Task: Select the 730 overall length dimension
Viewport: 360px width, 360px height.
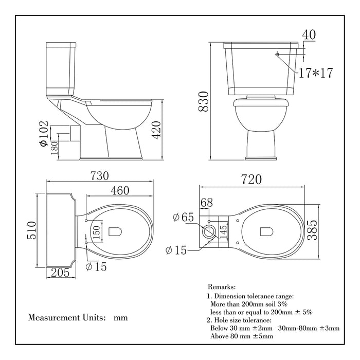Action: pyautogui.click(x=99, y=175)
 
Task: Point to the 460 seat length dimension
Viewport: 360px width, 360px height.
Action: pyautogui.click(x=119, y=191)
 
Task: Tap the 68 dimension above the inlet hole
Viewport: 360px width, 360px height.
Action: pyautogui.click(x=206, y=203)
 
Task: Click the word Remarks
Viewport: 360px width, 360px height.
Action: pyautogui.click(x=222, y=286)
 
